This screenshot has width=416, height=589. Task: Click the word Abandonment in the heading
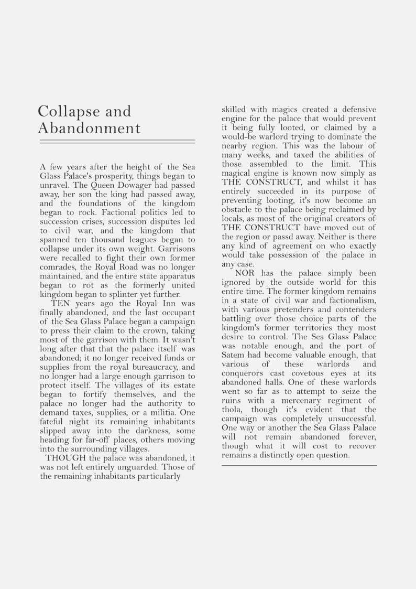pyautogui.click(x=89, y=128)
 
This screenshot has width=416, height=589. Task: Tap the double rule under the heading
pyautogui.click(x=117, y=142)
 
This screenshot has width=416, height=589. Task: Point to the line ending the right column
pyautogui.click(x=299, y=465)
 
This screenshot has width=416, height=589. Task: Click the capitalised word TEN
pyautogui.click(x=61, y=303)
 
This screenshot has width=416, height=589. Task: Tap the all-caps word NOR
pyautogui.click(x=244, y=274)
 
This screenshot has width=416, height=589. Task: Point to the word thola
pyautogui.click(x=232, y=410)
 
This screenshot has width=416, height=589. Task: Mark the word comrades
pyautogui.click(x=58, y=267)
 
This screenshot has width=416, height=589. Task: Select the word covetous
pyautogui.click(x=306, y=373)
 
